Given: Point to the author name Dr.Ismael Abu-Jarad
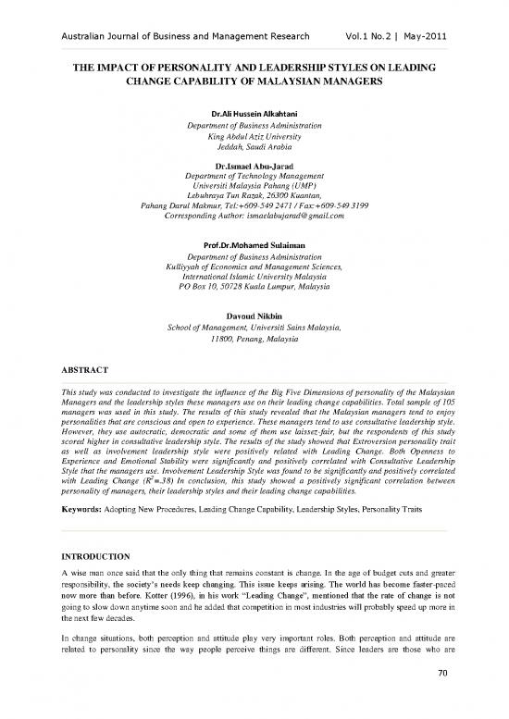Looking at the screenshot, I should coord(254,167).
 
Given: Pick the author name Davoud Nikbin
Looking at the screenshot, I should coord(254,316).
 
